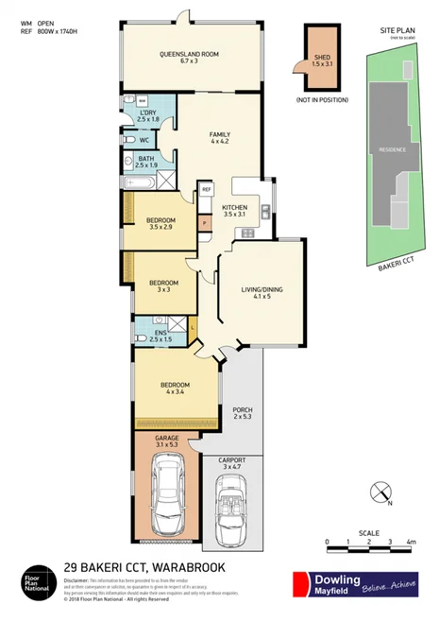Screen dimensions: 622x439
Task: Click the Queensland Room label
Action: click(x=189, y=59)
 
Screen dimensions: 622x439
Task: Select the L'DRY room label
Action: click(x=147, y=115)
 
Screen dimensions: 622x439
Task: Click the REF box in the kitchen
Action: click(x=206, y=190)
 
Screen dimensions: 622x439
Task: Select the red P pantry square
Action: click(x=205, y=223)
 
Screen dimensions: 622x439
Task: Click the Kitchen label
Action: click(x=234, y=211)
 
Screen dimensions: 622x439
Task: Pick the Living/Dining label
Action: click(x=261, y=289)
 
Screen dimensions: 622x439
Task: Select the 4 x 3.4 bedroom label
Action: click(x=176, y=389)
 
